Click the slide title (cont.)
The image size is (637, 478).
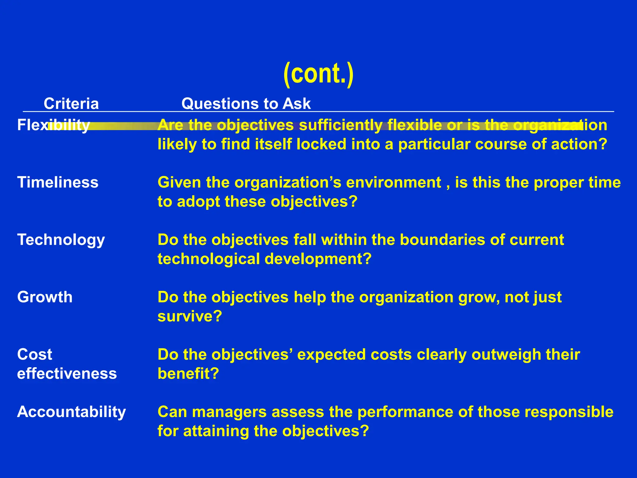click(318, 74)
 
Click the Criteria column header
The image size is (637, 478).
click(71, 103)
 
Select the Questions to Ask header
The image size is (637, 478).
click(246, 103)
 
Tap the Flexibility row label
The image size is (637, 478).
click(53, 125)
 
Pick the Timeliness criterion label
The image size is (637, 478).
click(58, 182)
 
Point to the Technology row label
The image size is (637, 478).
click(61, 240)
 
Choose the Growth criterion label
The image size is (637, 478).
click(45, 297)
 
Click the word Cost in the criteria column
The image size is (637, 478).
click(35, 354)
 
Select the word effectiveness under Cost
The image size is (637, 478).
click(67, 373)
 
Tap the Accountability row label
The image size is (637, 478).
click(72, 412)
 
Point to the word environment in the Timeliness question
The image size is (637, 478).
click(393, 183)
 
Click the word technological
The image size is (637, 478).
click(209, 259)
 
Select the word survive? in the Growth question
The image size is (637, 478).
click(190, 316)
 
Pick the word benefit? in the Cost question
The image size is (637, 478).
click(188, 374)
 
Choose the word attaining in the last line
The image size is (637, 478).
click(216, 431)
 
